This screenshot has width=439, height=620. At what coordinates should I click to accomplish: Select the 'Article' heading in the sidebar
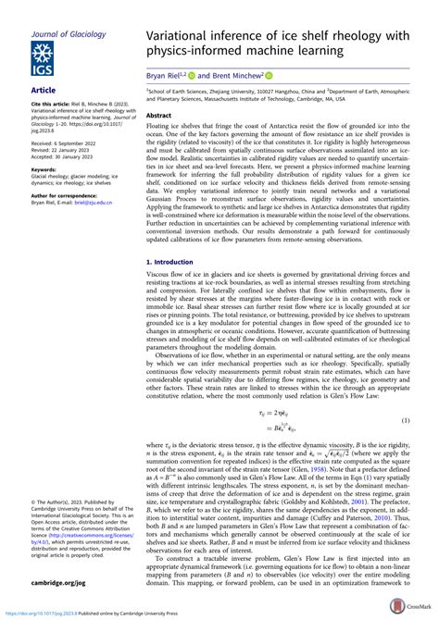[44, 91]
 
